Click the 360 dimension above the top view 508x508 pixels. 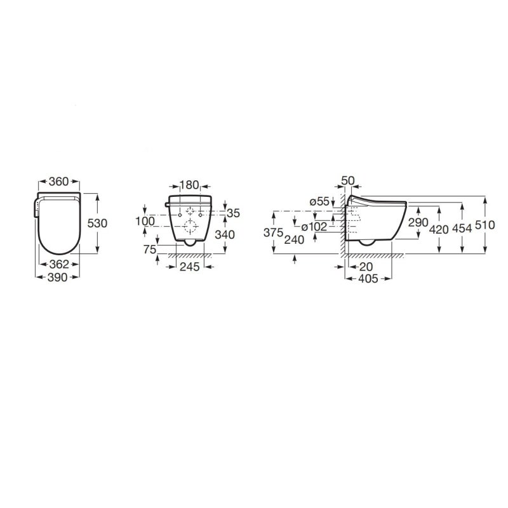58,182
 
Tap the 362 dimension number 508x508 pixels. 58,264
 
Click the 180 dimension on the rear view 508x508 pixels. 189,185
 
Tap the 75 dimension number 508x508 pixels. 149,250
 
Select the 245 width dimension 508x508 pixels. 189,267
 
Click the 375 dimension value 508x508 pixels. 272,233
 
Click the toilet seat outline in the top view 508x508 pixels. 58,224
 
